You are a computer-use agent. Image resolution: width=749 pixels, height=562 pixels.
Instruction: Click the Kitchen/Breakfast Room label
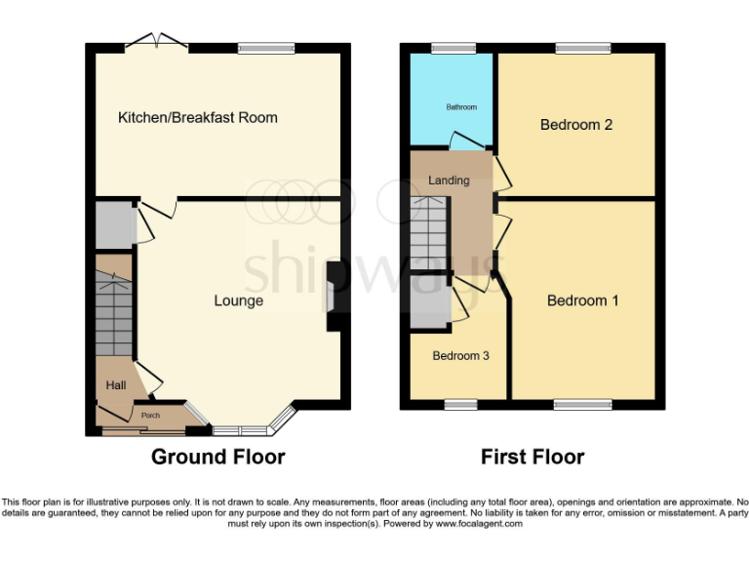click(x=198, y=118)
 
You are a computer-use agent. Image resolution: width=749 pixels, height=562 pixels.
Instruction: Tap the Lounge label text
click(x=239, y=301)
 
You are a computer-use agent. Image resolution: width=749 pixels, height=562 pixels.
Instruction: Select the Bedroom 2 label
click(x=576, y=125)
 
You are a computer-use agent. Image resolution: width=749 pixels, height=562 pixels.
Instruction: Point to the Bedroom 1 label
click(x=583, y=301)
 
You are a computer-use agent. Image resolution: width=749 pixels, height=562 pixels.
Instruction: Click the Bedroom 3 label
click(x=460, y=356)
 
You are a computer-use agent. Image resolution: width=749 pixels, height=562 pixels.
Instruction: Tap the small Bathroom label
click(x=461, y=107)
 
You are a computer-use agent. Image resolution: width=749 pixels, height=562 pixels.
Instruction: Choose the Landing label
click(x=449, y=181)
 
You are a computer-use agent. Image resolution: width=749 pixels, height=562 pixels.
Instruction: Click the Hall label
click(x=116, y=386)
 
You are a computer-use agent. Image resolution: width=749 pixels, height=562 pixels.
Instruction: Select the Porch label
click(x=150, y=416)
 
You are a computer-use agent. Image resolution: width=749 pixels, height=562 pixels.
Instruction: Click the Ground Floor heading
click(x=217, y=457)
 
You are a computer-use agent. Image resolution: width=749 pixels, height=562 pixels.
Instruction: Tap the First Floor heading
click(x=532, y=457)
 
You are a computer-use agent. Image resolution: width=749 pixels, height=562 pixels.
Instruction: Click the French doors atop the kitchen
click(x=157, y=41)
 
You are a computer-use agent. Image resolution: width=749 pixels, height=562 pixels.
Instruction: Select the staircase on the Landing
click(x=428, y=234)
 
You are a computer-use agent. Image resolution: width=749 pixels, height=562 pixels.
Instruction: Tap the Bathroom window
click(x=453, y=47)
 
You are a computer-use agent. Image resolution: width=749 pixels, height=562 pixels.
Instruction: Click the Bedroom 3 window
click(x=461, y=404)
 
